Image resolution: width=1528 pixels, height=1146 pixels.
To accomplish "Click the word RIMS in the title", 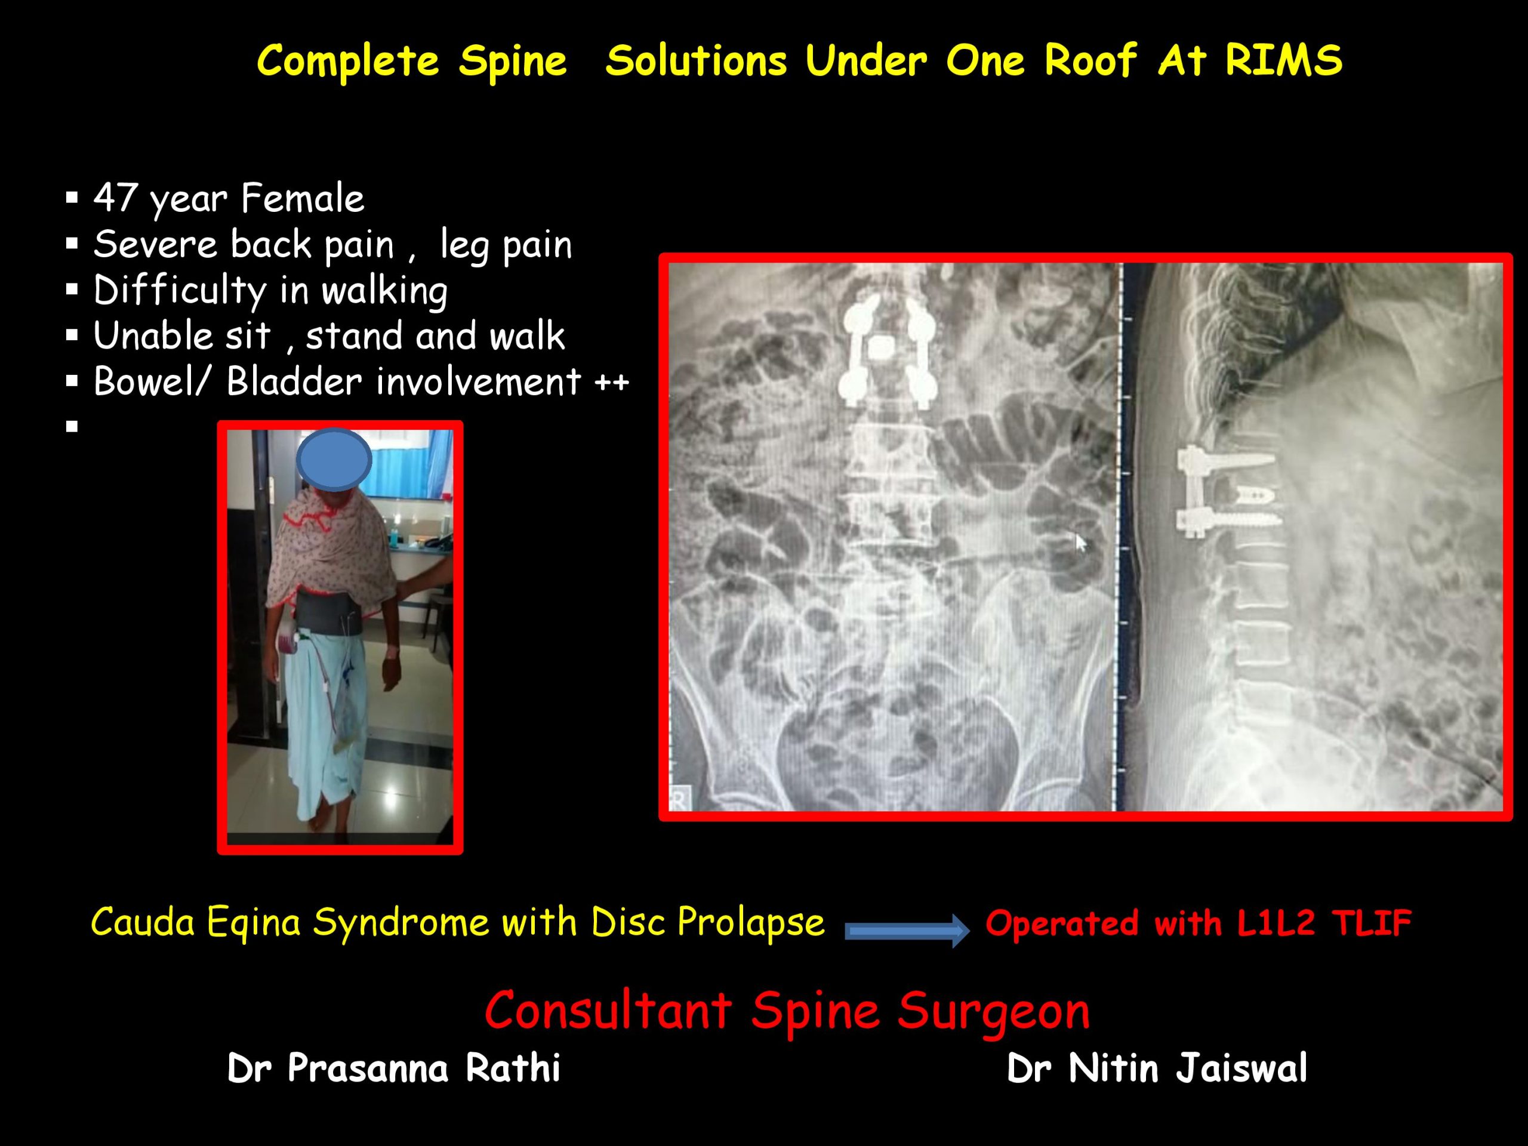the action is [x=1283, y=60].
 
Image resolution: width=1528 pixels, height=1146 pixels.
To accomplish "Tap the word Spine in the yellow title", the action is [x=512, y=62].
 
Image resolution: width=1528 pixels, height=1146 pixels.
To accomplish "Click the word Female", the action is [x=303, y=198].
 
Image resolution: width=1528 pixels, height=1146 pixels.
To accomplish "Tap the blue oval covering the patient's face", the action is [x=334, y=460].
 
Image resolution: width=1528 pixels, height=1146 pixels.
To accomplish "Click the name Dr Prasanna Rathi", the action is [x=394, y=1068].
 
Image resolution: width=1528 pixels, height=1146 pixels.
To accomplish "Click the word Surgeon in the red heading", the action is [x=994, y=1012].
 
